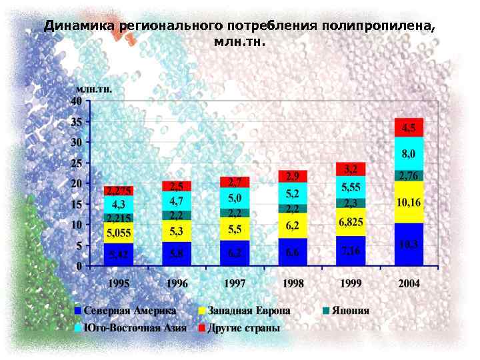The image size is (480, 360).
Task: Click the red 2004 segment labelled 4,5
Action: [409, 127]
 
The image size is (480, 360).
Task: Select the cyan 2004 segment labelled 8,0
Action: [409, 154]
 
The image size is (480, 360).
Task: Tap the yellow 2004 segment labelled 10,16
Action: [409, 201]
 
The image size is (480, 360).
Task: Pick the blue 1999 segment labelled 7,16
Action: [351, 251]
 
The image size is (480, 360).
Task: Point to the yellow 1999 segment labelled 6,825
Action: [351, 221]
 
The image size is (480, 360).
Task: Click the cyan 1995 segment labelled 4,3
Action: [119, 204]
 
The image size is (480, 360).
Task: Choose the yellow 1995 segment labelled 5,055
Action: [119, 233]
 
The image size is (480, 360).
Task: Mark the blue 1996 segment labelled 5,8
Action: [177, 253]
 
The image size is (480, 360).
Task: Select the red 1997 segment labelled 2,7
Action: [235, 182]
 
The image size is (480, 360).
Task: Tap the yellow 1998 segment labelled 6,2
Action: [293, 225]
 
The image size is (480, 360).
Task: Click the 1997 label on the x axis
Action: [235, 283]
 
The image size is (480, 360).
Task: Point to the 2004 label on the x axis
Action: [409, 283]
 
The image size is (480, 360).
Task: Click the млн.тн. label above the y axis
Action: [93, 88]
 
